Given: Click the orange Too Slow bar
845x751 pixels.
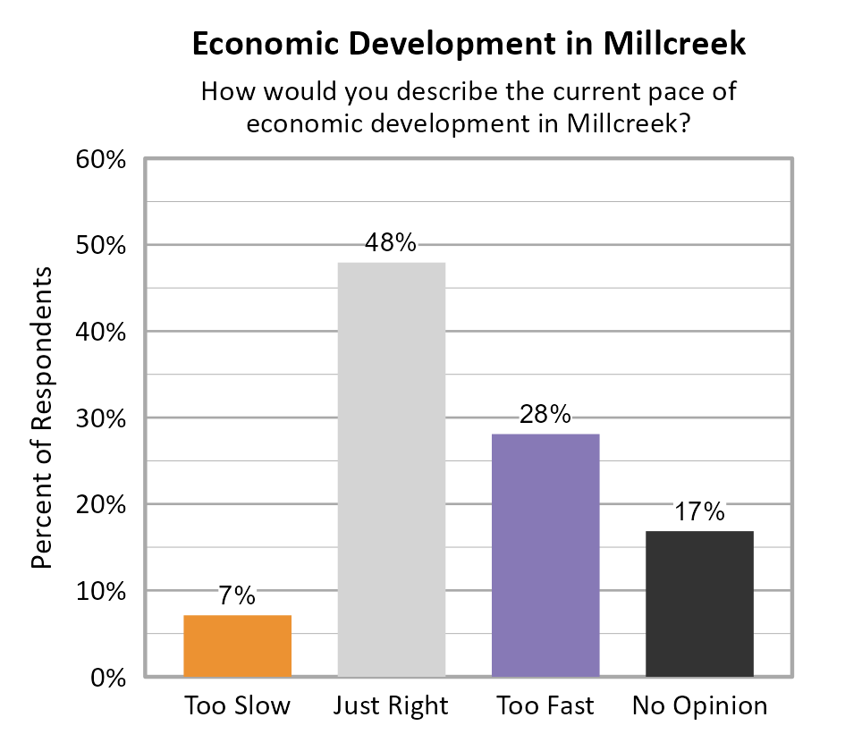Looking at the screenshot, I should tap(237, 646).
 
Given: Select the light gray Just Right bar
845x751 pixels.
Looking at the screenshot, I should tap(391, 469).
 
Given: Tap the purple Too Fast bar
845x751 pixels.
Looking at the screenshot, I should tap(545, 555).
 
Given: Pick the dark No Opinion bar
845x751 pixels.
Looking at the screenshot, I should tap(699, 603).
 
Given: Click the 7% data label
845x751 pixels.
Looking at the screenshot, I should tap(237, 596).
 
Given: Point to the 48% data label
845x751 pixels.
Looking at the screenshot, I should tap(391, 243).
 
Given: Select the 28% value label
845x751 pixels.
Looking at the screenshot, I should tap(545, 415).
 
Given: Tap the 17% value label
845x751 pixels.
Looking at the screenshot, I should tap(699, 511).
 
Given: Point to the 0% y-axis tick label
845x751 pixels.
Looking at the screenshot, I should tap(106, 678).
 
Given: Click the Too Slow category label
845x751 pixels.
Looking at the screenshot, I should tap(237, 706).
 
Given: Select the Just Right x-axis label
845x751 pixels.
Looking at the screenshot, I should tap(391, 706).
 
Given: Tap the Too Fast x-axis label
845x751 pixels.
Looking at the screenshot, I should tap(545, 706).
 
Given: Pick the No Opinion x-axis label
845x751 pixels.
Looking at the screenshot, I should tap(699, 706).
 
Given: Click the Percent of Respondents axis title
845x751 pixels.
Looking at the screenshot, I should tap(43, 418).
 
